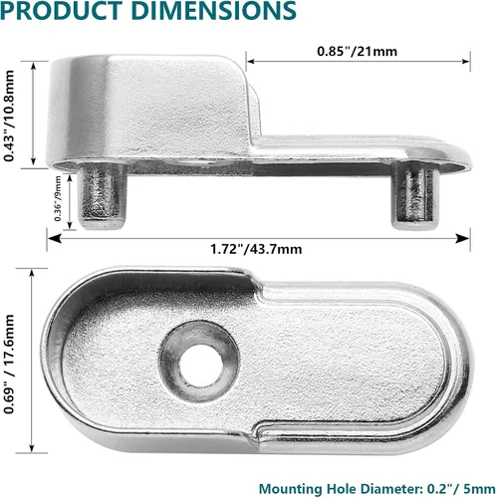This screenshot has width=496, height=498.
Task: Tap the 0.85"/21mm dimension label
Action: tap(357, 51)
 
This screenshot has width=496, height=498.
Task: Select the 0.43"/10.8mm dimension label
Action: tap(9, 116)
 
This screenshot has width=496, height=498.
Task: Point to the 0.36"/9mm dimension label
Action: tap(58, 198)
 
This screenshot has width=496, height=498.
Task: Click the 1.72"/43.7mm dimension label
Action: tap(256, 249)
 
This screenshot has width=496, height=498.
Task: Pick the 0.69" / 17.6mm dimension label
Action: tap(9, 364)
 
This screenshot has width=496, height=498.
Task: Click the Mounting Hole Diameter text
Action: tap(341, 489)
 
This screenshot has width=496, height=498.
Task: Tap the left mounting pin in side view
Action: tap(103, 196)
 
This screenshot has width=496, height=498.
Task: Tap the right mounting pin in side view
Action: tap(415, 196)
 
